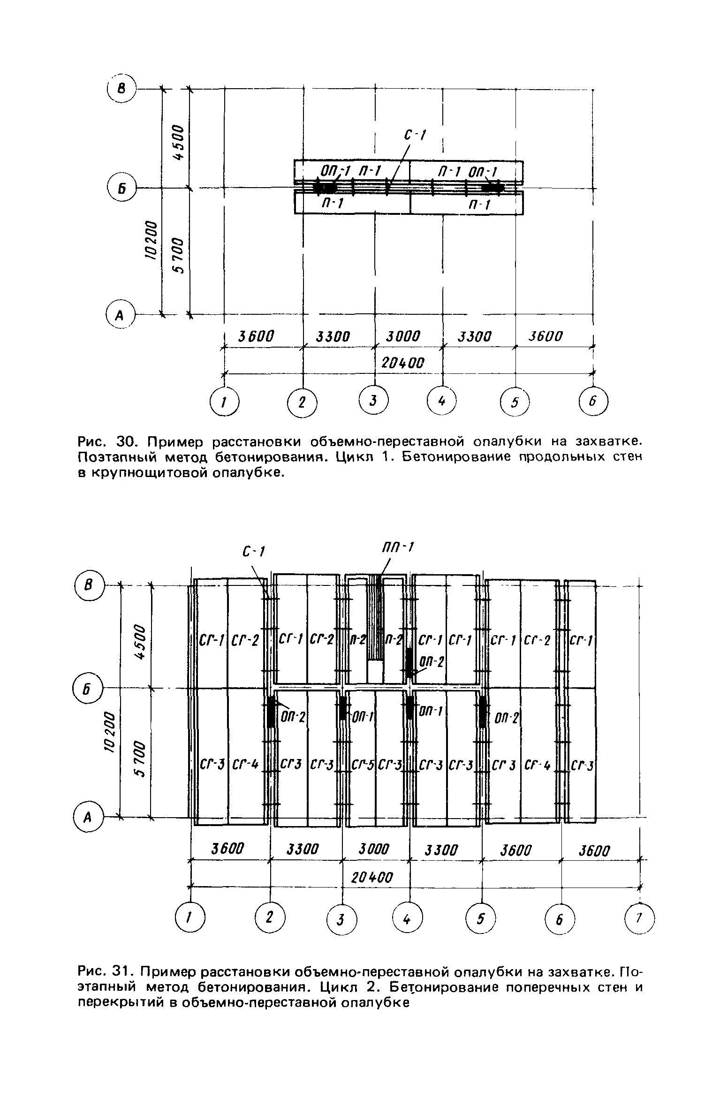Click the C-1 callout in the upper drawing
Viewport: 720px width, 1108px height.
(415, 136)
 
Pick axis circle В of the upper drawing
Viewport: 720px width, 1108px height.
(121, 88)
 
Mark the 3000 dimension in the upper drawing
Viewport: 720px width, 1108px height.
(403, 336)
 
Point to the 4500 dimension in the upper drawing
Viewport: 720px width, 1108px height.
(178, 142)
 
